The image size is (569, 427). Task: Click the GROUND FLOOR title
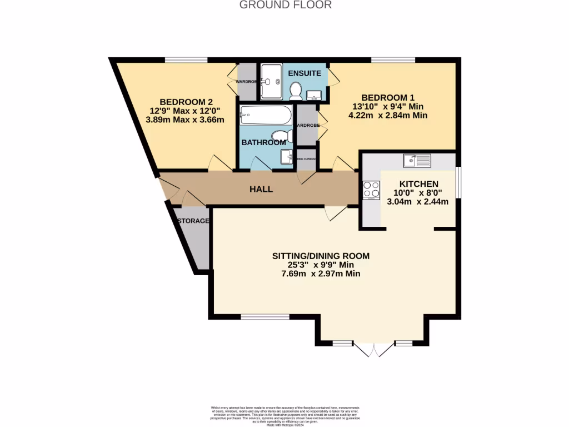point(285,5)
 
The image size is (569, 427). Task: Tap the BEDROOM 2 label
point(186,102)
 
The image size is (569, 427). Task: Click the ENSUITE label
point(305,73)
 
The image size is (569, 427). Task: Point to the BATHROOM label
point(263,142)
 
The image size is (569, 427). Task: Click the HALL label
point(261,189)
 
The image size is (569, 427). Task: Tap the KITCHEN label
point(418,184)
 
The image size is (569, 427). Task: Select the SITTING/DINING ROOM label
point(321,256)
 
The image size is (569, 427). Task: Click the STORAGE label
point(193,221)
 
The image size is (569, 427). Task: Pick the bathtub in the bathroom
point(266,116)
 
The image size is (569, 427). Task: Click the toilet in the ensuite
point(296,90)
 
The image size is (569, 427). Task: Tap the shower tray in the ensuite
point(272,82)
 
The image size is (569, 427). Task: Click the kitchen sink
point(417,161)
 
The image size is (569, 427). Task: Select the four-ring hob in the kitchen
point(371,191)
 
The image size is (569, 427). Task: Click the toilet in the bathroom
point(283,135)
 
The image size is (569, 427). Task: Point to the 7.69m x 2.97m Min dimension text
point(321,274)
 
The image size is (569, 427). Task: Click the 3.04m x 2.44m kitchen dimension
point(417,201)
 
